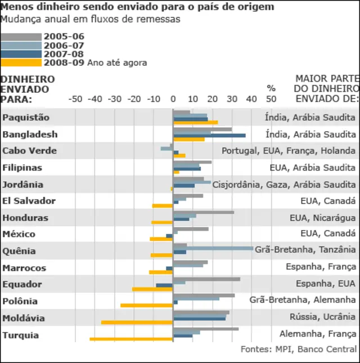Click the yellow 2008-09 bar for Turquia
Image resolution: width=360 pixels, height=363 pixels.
click(131, 339)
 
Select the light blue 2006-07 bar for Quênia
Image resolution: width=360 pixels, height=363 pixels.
click(213, 248)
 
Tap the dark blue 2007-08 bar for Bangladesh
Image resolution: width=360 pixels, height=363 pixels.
click(209, 136)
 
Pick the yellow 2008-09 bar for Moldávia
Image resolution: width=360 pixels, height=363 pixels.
click(137, 322)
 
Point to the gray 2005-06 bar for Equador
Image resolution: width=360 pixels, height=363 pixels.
click(206, 279)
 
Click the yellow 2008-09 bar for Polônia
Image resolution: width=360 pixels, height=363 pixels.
click(146, 306)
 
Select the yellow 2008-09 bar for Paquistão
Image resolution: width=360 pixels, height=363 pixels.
click(195, 122)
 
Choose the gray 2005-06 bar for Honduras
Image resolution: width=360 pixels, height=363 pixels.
click(203, 212)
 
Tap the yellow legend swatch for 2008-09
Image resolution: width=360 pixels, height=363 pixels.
click(21, 62)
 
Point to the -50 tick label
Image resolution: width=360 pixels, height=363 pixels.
click(75, 99)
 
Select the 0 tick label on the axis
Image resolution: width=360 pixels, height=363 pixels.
click(173, 99)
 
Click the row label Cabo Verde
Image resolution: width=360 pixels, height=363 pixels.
click(29, 151)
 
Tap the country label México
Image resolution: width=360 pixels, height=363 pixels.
click(19, 234)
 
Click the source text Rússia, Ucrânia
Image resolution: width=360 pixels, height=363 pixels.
click(322, 317)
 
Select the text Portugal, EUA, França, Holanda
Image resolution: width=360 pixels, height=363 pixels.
click(289, 151)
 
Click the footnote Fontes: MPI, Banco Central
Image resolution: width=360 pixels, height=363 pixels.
click(299, 349)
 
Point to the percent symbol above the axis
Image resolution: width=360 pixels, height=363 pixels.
click(271, 88)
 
